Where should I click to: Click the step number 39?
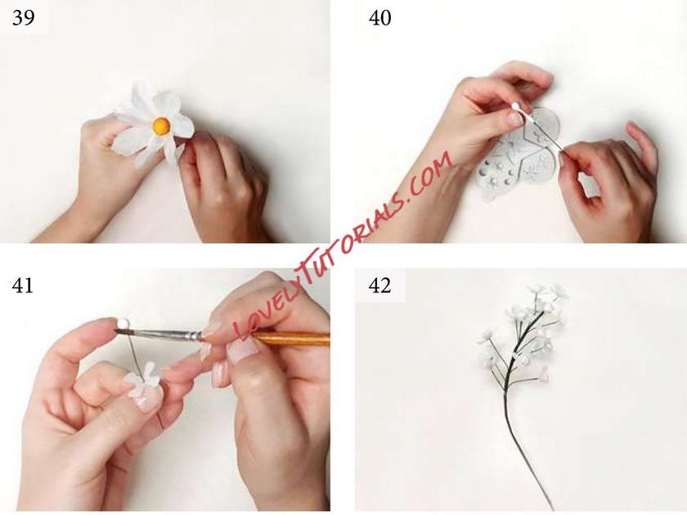pyautogui.click(x=24, y=19)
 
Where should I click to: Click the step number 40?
pyautogui.click(x=379, y=19)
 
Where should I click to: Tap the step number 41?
pyautogui.click(x=22, y=286)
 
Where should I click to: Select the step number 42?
pyautogui.click(x=379, y=286)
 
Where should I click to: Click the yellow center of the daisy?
pyautogui.click(x=161, y=126)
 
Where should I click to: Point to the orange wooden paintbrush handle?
pyautogui.click(x=290, y=339)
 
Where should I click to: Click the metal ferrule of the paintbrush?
pyautogui.click(x=193, y=336)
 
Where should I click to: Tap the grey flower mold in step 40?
pyautogui.click(x=516, y=151)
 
